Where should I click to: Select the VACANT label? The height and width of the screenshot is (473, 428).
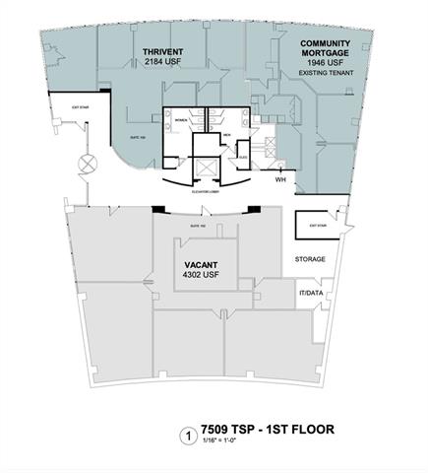point(202,265)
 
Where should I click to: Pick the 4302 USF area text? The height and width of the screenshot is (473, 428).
point(202,276)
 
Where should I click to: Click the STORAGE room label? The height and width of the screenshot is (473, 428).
point(310,259)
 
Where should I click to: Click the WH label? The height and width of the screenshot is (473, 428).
point(281,180)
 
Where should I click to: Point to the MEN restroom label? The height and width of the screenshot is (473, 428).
point(224,134)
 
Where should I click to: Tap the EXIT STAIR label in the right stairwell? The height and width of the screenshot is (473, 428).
point(318,226)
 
